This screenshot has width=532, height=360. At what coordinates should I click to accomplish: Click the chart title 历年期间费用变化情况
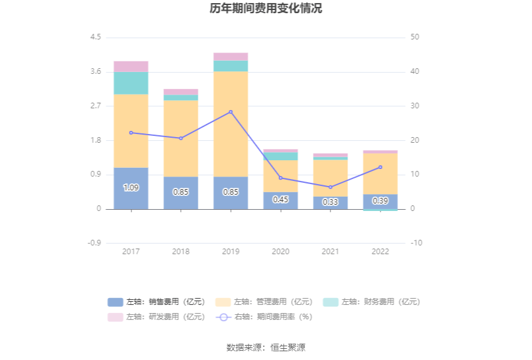click(x=266, y=9)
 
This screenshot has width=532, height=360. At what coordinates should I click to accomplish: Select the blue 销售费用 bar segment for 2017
click(x=131, y=188)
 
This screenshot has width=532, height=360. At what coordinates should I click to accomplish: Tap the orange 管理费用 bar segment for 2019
click(x=230, y=123)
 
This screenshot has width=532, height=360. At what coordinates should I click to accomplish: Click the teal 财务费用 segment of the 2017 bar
click(x=131, y=83)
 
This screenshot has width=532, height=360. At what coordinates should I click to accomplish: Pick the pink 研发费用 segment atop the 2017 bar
click(x=131, y=66)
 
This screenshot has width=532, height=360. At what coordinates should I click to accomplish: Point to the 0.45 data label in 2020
click(x=280, y=200)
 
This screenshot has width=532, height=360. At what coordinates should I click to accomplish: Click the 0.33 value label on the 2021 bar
click(x=330, y=202)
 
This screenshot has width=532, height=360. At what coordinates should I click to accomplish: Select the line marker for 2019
click(x=230, y=112)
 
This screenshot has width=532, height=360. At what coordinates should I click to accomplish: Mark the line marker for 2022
click(x=380, y=167)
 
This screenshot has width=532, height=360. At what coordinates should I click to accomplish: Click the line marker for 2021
click(x=330, y=187)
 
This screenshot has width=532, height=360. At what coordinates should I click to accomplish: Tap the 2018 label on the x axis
click(x=180, y=251)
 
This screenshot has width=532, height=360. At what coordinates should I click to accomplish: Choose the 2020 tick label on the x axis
click(x=280, y=251)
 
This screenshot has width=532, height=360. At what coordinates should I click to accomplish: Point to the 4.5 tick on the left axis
click(x=95, y=38)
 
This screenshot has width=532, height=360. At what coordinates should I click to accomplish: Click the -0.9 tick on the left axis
click(x=94, y=243)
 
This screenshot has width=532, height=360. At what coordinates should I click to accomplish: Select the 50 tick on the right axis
click(x=415, y=38)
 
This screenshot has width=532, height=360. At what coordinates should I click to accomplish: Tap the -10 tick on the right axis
click(x=416, y=243)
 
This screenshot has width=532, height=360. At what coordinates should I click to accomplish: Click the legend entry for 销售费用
click(x=156, y=302)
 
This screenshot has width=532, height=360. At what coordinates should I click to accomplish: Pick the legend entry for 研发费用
click(x=156, y=317)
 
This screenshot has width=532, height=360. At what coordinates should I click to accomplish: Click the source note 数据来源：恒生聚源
click(x=266, y=347)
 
